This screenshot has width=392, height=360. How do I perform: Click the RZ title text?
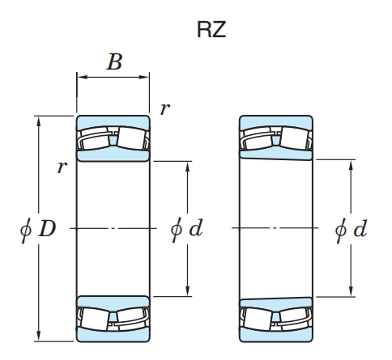(211, 29)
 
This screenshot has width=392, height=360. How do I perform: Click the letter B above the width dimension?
(115, 61)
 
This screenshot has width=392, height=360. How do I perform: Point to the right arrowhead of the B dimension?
(144, 77)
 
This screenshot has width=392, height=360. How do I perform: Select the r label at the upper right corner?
(165, 109)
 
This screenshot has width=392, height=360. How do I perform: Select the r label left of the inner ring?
(62, 167)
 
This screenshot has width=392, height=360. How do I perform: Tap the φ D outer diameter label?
(38, 229)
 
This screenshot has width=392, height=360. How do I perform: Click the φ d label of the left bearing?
(187, 229)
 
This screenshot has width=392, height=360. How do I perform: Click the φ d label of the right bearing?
(351, 230)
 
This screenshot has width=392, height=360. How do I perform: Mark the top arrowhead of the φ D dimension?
(39, 121)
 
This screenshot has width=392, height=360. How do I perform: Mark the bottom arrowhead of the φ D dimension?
(39, 336)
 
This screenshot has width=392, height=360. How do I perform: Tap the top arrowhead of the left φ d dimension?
(188, 167)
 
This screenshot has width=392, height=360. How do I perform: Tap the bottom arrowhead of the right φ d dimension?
(351, 291)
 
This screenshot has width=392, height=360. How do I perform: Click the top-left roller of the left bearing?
(95, 138)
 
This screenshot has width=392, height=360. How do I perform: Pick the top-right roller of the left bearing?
(132, 138)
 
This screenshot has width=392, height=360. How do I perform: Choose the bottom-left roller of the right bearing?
(258, 319)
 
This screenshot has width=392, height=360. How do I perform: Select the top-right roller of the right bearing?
(295, 138)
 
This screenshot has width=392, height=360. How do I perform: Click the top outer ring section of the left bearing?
(113, 123)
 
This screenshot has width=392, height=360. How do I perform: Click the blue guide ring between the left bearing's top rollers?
(113, 141)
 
